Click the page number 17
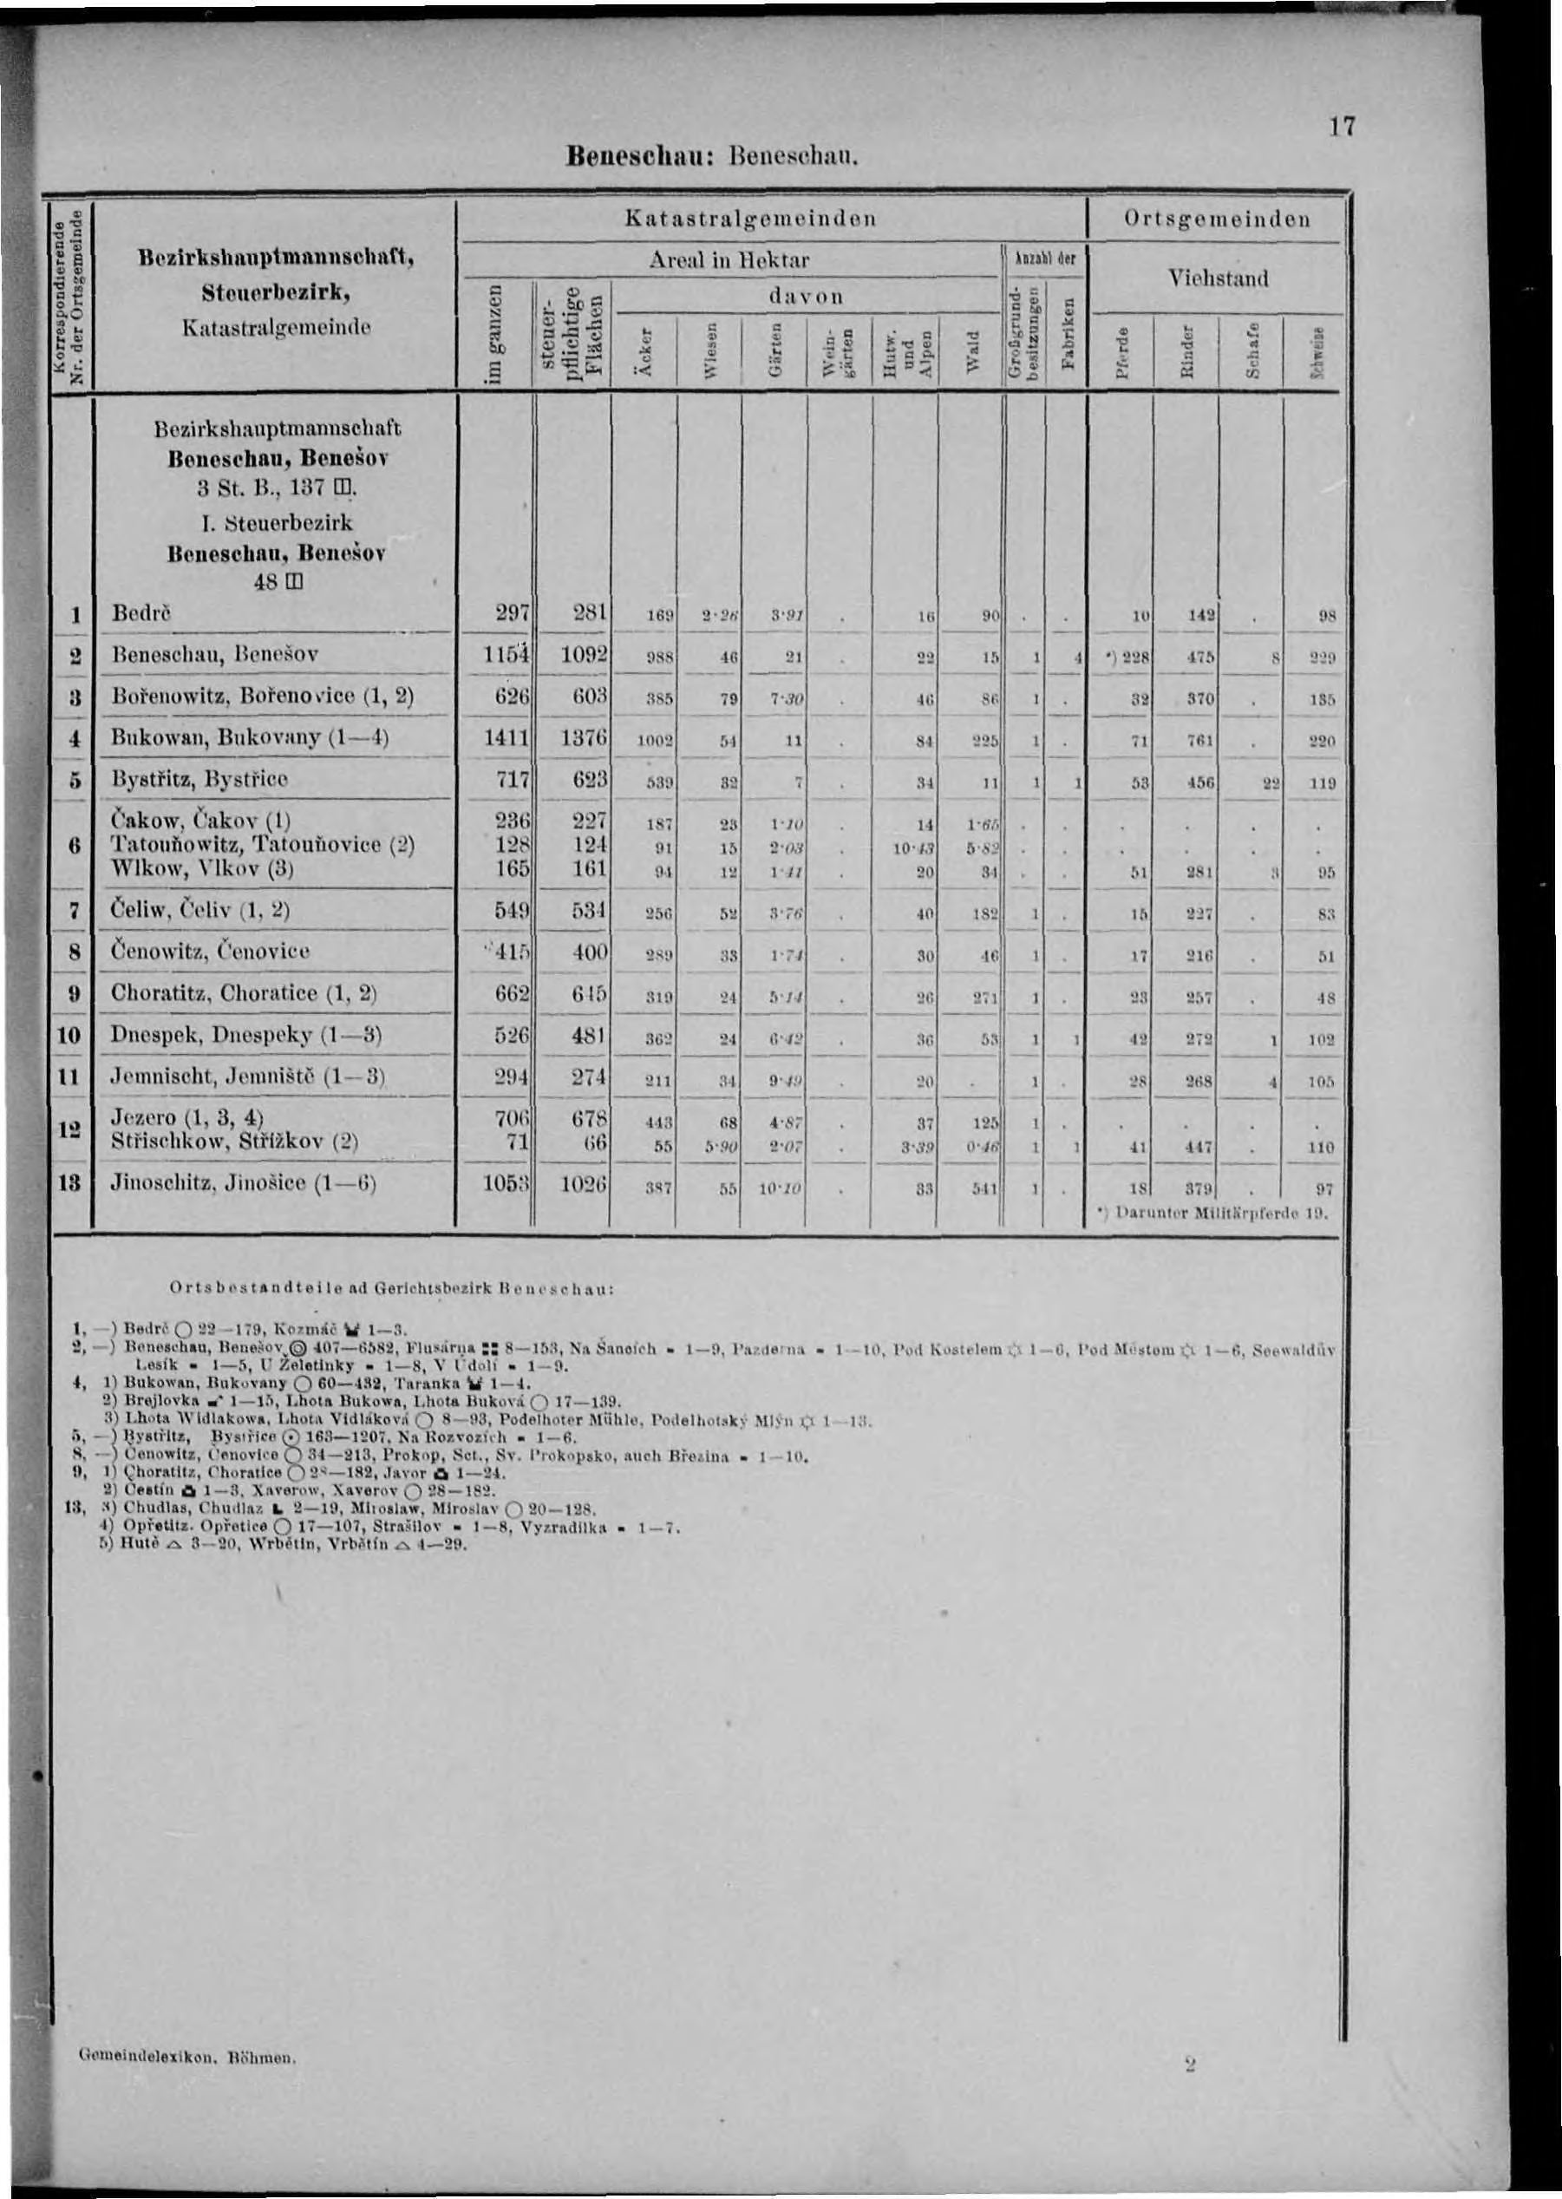1342,127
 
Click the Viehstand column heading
1219,278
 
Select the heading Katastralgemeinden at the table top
750,219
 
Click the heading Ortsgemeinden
1218,219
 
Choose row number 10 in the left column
70,1037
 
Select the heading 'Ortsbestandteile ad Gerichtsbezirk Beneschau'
391,1286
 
